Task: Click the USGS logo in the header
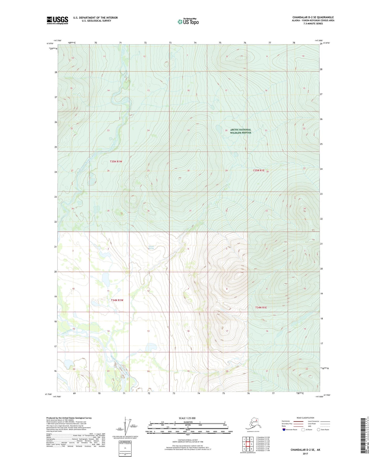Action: [57, 20]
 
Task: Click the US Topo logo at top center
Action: [188, 22]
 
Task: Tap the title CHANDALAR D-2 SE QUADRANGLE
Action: [313, 17]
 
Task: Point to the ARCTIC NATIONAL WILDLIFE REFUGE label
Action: [241, 131]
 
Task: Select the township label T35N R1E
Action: [259, 171]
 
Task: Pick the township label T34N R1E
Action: [261, 307]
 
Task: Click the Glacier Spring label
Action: [151, 247]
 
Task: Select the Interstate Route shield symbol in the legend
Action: [284, 430]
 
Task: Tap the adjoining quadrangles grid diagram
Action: [248, 444]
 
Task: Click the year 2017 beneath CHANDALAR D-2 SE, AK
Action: [305, 453]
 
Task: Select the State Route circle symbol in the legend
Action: [318, 430]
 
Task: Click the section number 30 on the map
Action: [188, 171]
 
